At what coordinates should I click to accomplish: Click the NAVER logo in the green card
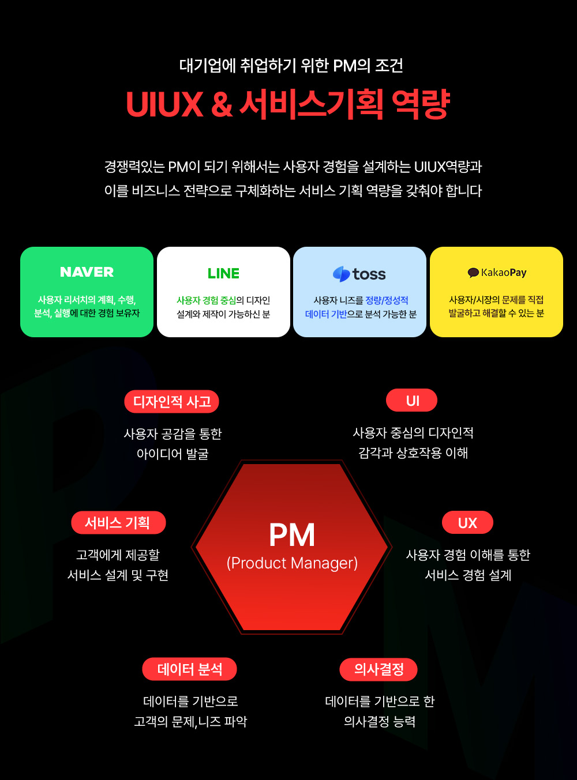[x=87, y=272]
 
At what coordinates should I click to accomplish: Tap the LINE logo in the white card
[x=223, y=273]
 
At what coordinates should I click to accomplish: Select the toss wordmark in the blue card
[x=369, y=274]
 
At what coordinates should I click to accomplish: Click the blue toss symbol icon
[x=342, y=274]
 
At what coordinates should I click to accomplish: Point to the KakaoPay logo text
[x=504, y=273]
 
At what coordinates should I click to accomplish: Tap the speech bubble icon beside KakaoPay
[x=473, y=273]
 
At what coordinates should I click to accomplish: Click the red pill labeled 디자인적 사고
[x=172, y=401]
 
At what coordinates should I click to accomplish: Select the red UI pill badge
[x=413, y=401]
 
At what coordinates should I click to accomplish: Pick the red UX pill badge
[x=467, y=523]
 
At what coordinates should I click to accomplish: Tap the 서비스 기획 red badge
[x=118, y=523]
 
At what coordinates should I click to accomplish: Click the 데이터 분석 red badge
[x=190, y=669]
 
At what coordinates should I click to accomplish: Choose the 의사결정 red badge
[x=379, y=669]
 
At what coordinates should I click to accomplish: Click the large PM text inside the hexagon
[x=292, y=535]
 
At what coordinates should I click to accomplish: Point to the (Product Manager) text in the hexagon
[x=292, y=563]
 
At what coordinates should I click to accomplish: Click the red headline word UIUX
[x=164, y=104]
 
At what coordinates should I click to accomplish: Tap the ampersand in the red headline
[x=222, y=104]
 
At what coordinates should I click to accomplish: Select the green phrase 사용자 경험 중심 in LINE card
[x=206, y=300]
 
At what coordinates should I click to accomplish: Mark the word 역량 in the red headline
[x=421, y=104]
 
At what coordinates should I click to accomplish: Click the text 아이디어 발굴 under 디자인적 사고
[x=173, y=454]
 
